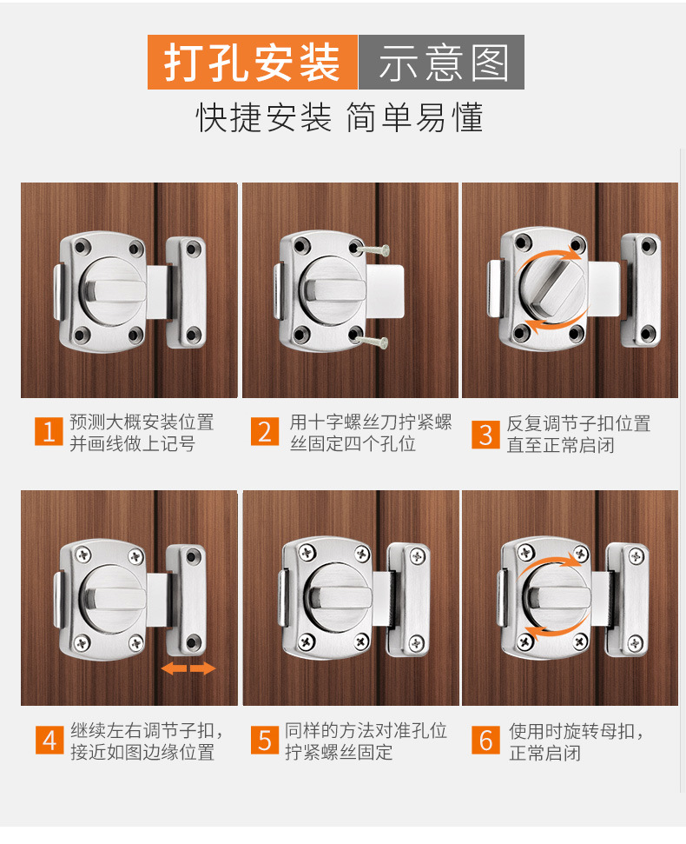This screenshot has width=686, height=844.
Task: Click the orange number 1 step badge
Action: click(x=49, y=431)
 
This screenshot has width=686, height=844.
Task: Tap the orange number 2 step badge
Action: click(x=265, y=432)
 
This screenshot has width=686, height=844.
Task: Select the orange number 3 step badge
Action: click(x=485, y=434)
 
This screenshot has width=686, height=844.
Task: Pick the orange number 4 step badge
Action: click(x=49, y=740)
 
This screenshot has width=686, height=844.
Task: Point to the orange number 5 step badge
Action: click(x=265, y=740)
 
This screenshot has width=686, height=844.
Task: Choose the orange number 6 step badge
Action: click(x=485, y=740)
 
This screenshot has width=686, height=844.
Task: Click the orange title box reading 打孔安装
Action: click(x=253, y=62)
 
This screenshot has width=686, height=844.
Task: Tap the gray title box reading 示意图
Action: click(x=441, y=62)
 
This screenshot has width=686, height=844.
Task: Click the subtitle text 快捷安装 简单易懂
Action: click(x=340, y=117)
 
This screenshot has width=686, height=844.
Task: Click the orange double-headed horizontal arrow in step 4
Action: click(x=188, y=668)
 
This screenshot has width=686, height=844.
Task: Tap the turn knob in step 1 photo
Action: click(x=114, y=291)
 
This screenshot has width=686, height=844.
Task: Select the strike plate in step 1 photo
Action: click(x=186, y=292)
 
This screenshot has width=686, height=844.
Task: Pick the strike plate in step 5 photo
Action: click(x=410, y=598)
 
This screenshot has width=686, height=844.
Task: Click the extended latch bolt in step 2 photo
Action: click(x=385, y=289)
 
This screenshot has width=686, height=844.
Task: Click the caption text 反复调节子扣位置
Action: click(x=578, y=423)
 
